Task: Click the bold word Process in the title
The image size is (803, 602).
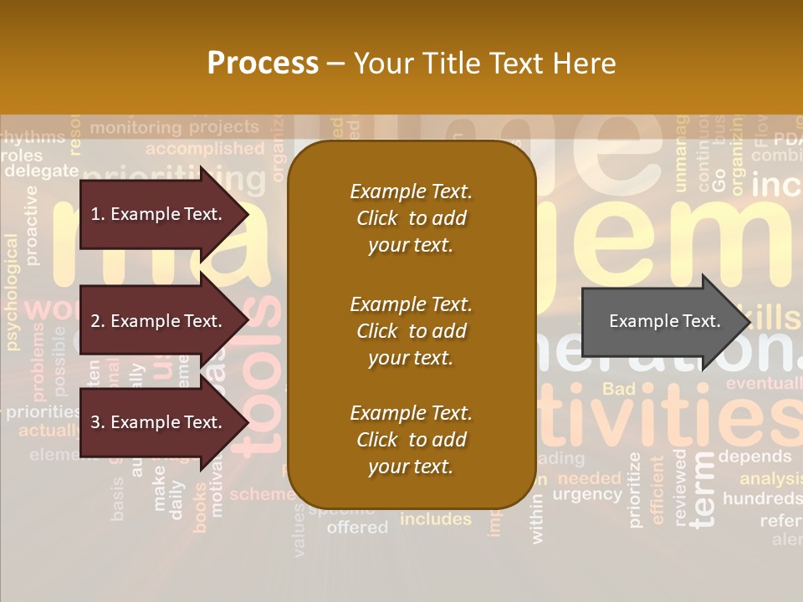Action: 263,64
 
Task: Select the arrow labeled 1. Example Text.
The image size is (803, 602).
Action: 159,214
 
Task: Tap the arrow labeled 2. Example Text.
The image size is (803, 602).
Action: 159,321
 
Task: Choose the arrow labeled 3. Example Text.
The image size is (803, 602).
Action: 159,422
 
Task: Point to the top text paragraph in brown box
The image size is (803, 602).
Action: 411,218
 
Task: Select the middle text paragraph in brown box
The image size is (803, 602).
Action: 411,331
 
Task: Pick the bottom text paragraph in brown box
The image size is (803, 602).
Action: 411,440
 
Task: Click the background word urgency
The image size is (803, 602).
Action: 587,495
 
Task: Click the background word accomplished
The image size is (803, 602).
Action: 205,149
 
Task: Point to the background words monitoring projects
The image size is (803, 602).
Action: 174,127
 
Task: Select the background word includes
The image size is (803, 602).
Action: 435,519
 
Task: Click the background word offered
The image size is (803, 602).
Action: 357,528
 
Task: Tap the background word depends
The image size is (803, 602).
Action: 754,457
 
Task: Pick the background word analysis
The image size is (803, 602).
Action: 770,478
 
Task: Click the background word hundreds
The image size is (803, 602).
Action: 762,499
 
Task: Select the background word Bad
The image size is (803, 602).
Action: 619,389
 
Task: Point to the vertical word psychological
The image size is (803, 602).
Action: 12,292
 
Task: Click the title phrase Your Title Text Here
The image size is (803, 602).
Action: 484,64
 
